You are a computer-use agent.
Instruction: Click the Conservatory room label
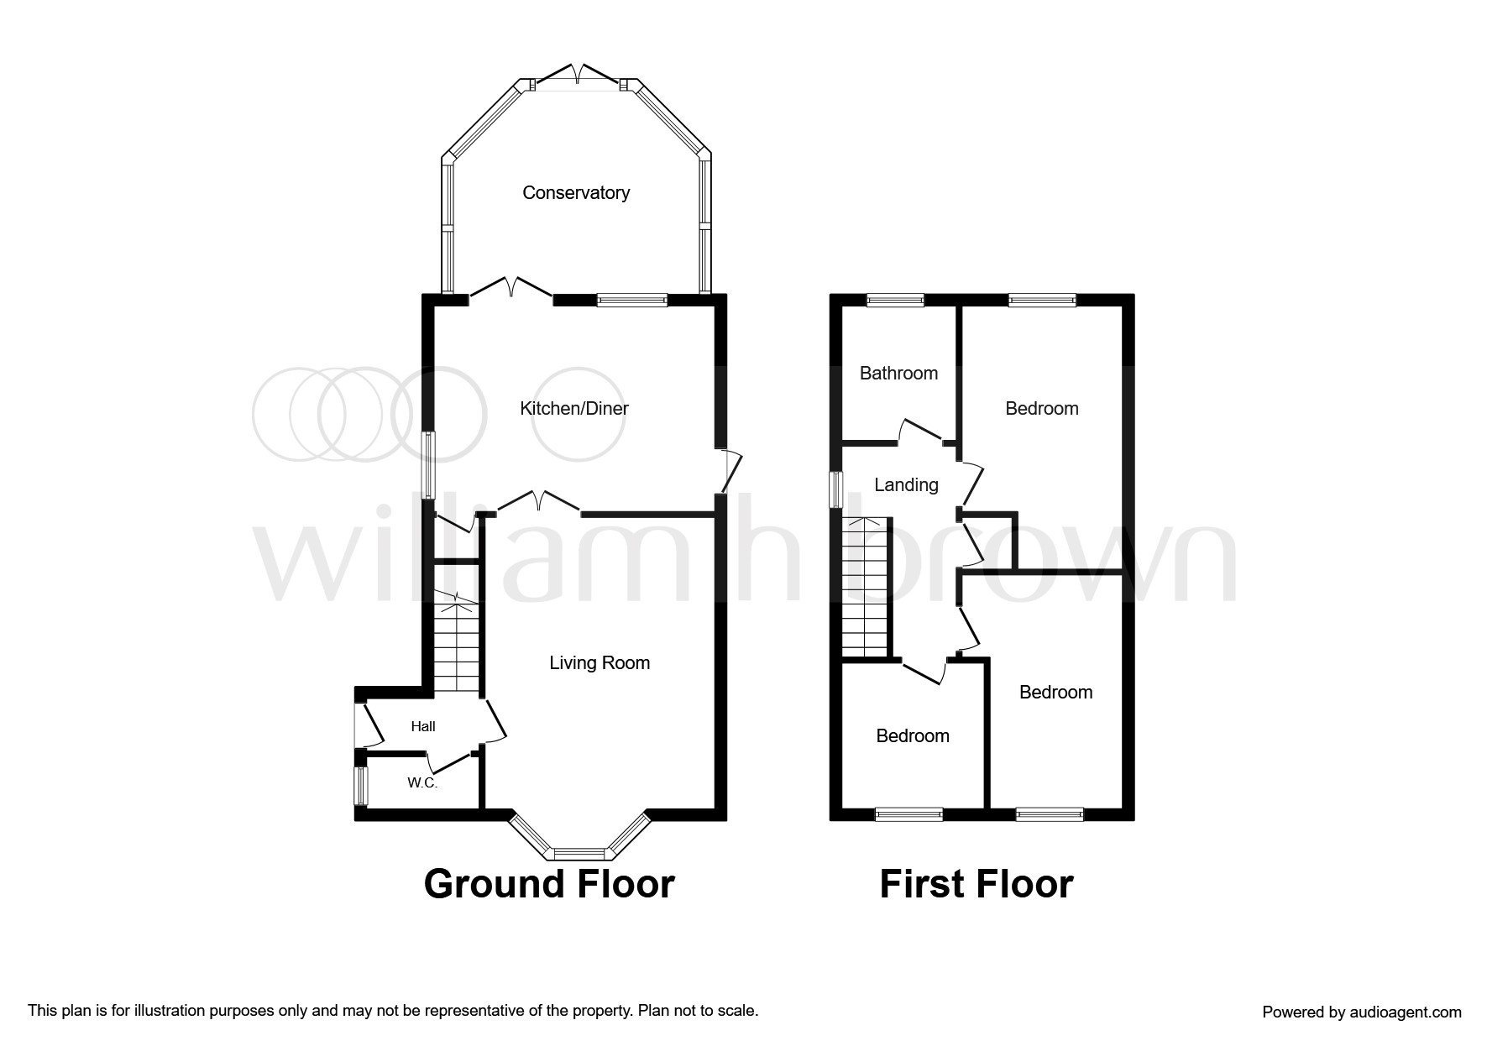point(576,193)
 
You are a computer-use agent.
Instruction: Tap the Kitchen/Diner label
point(574,409)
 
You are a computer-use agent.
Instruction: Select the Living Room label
point(600,663)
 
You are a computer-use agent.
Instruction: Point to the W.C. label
point(422,783)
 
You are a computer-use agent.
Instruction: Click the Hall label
point(423,727)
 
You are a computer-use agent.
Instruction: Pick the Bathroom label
point(898,374)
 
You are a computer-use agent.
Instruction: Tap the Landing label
point(906,485)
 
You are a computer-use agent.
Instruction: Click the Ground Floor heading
point(549,884)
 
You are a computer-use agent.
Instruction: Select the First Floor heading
point(976,884)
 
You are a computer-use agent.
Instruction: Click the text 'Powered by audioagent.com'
point(1362,1012)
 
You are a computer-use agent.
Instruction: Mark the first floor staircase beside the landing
point(866,588)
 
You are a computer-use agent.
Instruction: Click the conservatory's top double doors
point(577,75)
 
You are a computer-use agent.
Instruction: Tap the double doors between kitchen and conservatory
point(511,287)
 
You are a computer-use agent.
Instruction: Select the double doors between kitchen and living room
point(539,501)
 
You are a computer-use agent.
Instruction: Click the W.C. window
point(361,786)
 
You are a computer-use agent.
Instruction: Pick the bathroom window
point(895,300)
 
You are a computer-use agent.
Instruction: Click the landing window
point(837,490)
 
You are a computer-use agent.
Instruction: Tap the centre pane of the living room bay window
point(579,855)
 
